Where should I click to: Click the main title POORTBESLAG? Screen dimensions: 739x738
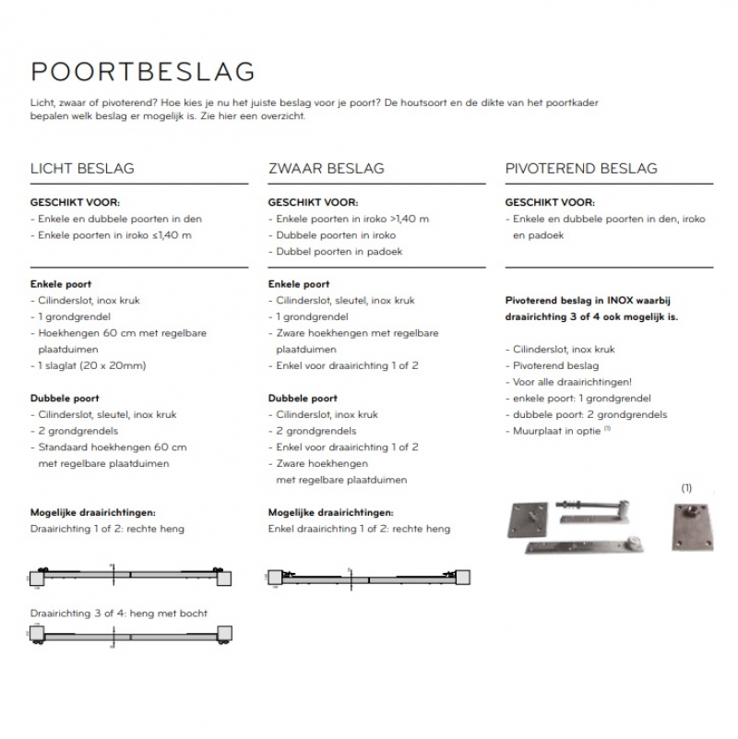pyautogui.click(x=142, y=72)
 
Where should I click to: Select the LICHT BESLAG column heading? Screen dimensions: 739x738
pyautogui.click(x=82, y=169)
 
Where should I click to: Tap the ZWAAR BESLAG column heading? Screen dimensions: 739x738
pyautogui.click(x=326, y=169)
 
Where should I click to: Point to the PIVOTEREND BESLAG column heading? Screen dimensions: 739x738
pyautogui.click(x=581, y=169)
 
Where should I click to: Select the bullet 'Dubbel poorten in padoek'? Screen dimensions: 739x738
pyautogui.click(x=339, y=251)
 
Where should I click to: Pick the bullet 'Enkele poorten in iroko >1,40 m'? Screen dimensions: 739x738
pyautogui.click(x=351, y=219)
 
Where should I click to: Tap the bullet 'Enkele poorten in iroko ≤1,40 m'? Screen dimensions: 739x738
pyautogui.click(x=114, y=235)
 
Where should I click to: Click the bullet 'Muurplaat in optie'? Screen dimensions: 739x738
pyautogui.click(x=558, y=431)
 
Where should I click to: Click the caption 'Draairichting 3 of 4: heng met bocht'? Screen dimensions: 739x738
pyautogui.click(x=119, y=614)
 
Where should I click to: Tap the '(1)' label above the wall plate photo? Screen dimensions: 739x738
pyautogui.click(x=685, y=487)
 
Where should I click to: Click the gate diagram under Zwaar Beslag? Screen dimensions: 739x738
pyautogui.click(x=368, y=578)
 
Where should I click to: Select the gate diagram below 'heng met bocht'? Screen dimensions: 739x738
pyautogui.click(x=130, y=637)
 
